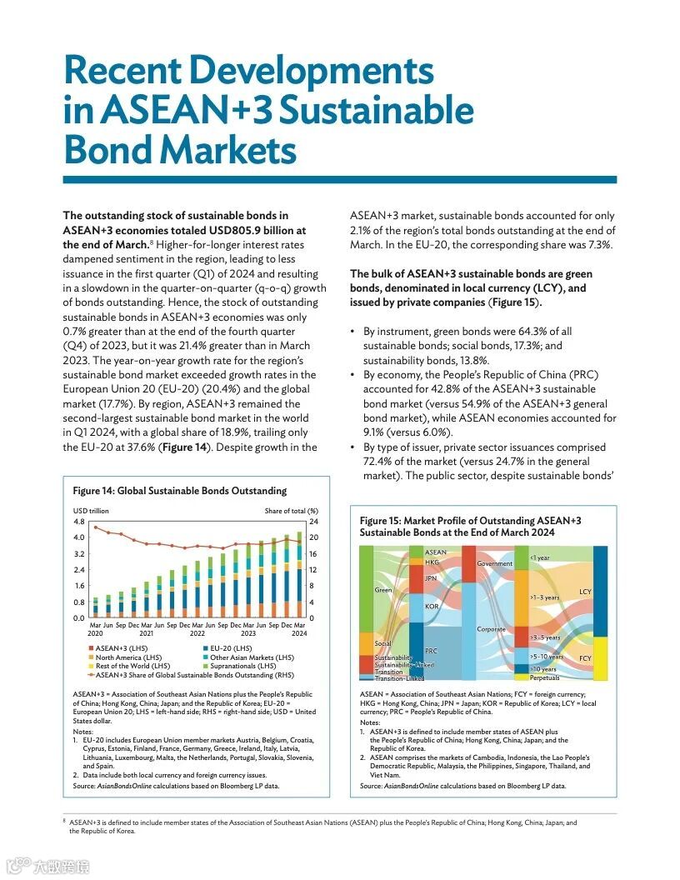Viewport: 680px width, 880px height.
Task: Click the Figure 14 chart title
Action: click(x=179, y=491)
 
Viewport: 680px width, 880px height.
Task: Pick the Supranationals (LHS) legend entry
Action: click(x=242, y=667)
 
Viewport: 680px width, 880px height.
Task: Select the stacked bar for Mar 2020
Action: click(x=95, y=607)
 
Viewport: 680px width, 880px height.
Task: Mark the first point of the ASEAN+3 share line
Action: click(x=95, y=527)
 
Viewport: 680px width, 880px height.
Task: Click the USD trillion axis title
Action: click(x=91, y=511)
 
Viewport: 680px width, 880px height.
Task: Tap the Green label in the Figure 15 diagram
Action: click(x=383, y=590)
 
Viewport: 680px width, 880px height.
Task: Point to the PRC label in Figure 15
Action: click(x=432, y=650)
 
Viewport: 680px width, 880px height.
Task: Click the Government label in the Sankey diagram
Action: click(x=494, y=564)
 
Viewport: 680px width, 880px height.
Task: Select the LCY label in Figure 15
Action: click(x=585, y=592)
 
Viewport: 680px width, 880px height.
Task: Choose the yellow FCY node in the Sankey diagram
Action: click(x=605, y=658)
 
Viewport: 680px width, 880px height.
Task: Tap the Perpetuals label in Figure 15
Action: click(x=544, y=678)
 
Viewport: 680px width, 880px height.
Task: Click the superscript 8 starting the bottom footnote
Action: click(x=65, y=821)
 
